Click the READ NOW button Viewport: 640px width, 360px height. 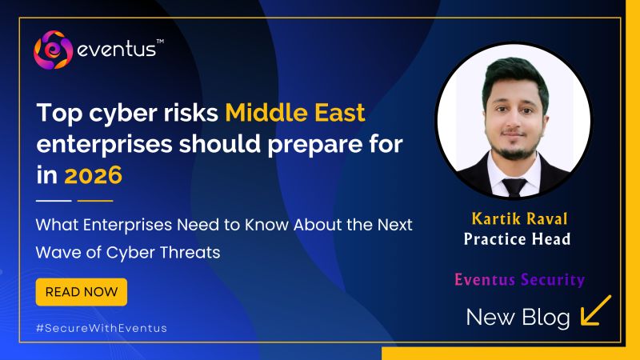[82, 292]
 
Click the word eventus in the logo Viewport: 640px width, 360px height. [116, 53]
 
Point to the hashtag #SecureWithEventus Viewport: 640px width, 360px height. [102, 328]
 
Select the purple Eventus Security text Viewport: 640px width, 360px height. [519, 280]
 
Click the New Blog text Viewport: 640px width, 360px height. [518, 318]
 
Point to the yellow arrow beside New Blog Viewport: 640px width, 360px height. [595, 311]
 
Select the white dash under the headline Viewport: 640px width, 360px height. [54, 200]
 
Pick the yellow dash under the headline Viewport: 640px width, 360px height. [95, 200]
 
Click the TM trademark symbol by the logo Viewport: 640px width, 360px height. [159, 41]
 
